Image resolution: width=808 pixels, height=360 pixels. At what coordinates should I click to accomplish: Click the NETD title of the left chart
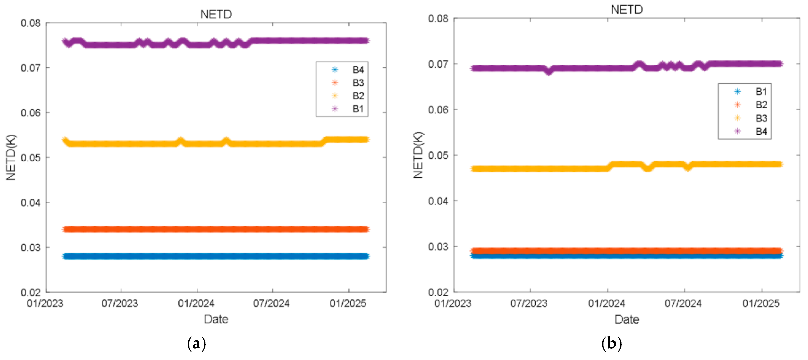click(x=216, y=14)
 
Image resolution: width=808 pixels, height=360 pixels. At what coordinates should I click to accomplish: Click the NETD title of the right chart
click(x=626, y=10)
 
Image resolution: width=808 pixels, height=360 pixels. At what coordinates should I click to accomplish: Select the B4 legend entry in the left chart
click(x=358, y=70)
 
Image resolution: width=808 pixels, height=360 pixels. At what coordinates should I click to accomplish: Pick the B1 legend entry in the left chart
click(x=358, y=109)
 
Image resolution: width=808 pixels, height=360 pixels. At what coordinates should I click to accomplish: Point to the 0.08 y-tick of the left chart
click(x=30, y=23)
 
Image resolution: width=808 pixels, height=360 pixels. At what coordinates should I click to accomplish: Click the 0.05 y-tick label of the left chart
click(x=30, y=158)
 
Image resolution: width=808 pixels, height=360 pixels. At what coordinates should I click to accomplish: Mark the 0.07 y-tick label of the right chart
click(x=438, y=64)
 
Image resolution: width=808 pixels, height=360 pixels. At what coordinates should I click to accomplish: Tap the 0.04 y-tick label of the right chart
click(x=438, y=201)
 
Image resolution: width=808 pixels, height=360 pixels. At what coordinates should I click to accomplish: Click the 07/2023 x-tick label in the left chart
click(x=120, y=303)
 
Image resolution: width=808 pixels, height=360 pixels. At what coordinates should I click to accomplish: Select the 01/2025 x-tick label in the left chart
click(x=348, y=303)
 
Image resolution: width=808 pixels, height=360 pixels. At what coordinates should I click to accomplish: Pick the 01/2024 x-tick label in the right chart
click(x=606, y=303)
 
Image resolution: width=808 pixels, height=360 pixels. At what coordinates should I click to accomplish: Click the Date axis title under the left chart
click(x=216, y=319)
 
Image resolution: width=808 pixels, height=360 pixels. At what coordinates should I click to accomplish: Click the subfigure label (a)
click(x=196, y=344)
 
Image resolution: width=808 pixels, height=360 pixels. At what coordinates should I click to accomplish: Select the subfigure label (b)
click(x=611, y=344)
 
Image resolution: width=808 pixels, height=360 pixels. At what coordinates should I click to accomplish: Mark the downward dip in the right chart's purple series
click(x=548, y=71)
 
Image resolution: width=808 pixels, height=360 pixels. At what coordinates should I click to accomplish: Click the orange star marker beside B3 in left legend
click(x=335, y=83)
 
